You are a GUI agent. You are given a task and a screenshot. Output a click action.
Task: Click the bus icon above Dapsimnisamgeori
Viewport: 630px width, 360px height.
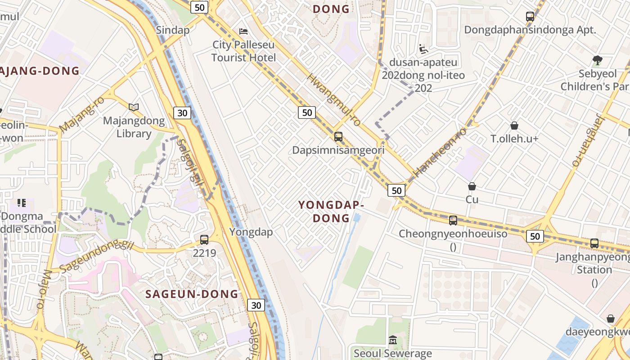[x=338, y=136]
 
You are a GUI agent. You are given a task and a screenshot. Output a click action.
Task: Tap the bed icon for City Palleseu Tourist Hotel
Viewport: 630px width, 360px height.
[x=243, y=31]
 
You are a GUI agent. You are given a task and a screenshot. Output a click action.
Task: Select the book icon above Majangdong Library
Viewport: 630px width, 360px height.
[x=133, y=107]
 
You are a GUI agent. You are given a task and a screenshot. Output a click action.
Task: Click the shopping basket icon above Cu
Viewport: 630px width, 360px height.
[x=472, y=186]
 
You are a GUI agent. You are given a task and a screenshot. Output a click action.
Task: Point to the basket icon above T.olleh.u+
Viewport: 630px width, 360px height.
[x=514, y=126]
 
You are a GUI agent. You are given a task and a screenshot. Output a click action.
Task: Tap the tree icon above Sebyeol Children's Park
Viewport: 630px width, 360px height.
[x=597, y=59]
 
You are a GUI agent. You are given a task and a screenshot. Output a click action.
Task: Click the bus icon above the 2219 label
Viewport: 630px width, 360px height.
[x=204, y=240]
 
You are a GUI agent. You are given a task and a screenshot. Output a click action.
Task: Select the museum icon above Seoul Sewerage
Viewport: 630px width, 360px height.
[x=393, y=340]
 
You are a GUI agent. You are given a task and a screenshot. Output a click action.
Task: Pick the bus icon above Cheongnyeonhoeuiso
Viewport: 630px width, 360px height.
[x=453, y=220]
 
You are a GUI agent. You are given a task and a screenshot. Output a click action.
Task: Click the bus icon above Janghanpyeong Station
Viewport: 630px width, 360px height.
[x=594, y=243]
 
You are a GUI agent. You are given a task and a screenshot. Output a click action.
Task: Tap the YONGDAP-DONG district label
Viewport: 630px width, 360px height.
[x=331, y=211]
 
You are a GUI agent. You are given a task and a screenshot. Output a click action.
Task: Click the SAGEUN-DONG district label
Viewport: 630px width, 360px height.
[x=192, y=294]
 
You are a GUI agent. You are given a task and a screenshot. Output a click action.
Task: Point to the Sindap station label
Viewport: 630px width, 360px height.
[x=172, y=30]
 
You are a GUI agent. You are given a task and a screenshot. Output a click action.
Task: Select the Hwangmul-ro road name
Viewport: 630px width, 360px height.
[x=334, y=100]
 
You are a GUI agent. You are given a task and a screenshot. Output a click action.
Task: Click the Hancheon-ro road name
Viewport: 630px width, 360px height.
[x=440, y=151]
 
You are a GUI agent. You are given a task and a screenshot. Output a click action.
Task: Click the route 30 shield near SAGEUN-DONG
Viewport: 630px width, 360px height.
[x=256, y=306]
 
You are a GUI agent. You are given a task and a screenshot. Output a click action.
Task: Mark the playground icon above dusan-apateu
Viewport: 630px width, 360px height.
[x=423, y=49]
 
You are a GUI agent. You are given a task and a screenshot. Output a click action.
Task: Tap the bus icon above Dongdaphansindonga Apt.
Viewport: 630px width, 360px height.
[x=530, y=17]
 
